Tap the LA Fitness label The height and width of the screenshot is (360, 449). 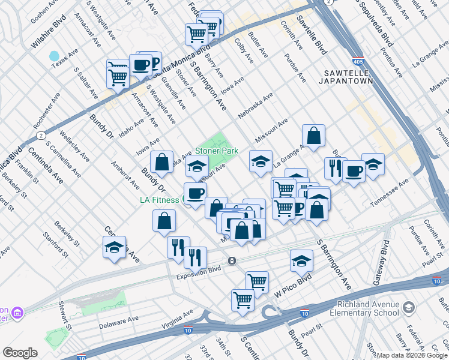tap(159, 200)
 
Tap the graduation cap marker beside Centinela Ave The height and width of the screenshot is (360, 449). tap(114, 247)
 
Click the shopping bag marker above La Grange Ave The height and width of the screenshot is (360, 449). tap(313, 136)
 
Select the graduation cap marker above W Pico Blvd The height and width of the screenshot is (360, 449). tap(301, 260)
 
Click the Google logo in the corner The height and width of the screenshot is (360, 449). tap(20, 353)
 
